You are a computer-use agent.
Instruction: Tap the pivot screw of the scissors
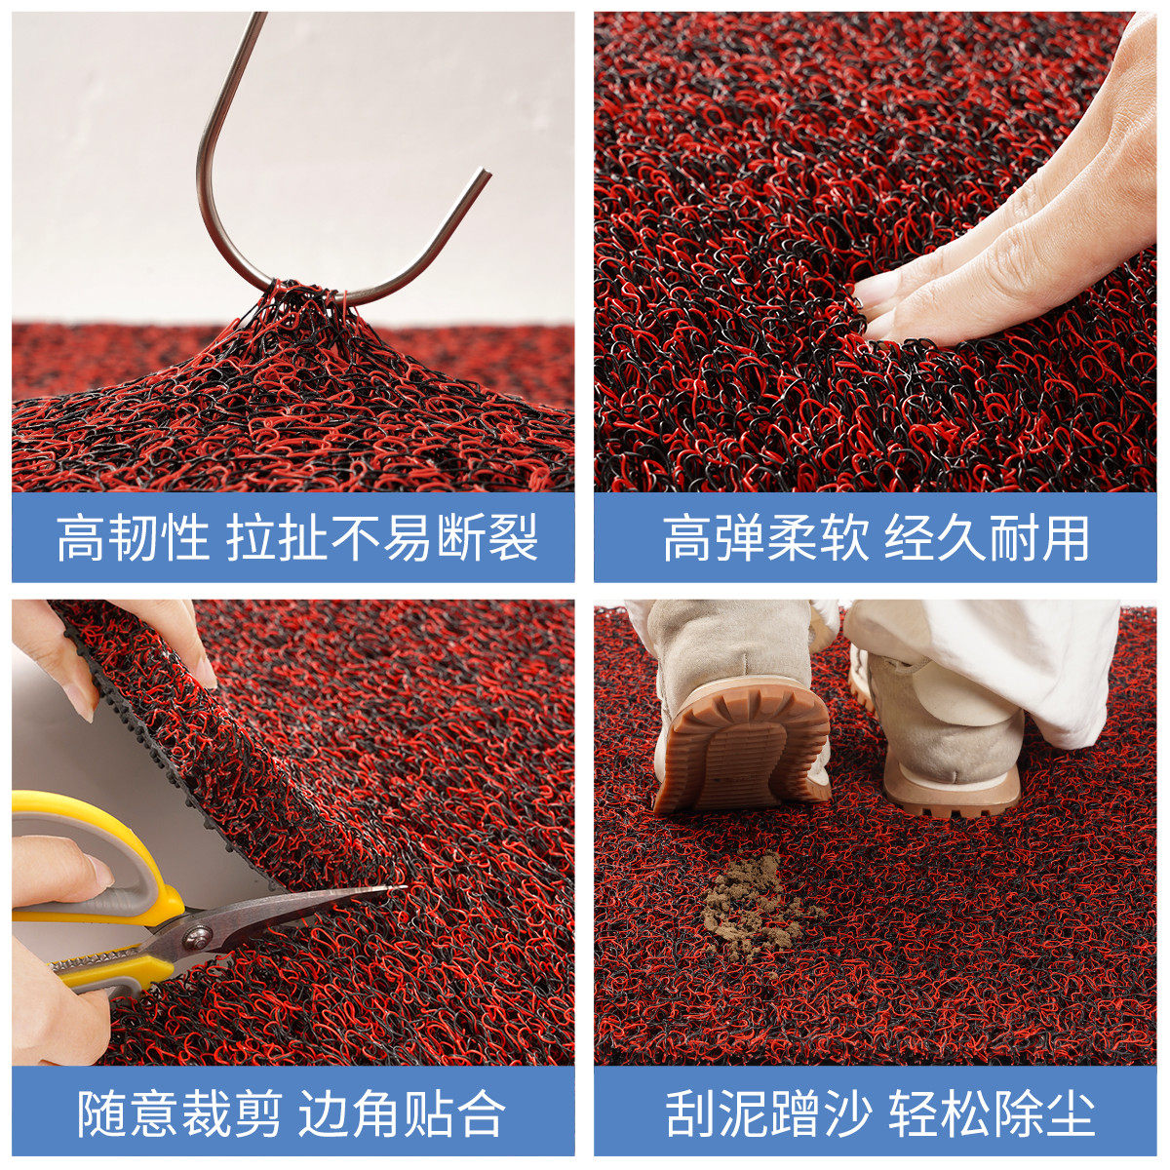(x=198, y=937)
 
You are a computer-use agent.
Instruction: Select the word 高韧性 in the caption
(x=133, y=538)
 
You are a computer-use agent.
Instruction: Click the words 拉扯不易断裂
(x=382, y=538)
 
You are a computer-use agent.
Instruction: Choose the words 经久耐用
(x=987, y=538)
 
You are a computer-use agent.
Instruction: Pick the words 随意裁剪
(x=180, y=1113)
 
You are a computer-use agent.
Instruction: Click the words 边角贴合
(x=402, y=1113)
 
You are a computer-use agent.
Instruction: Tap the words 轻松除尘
(x=991, y=1113)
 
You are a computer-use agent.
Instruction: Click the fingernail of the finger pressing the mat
(x=876, y=288)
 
